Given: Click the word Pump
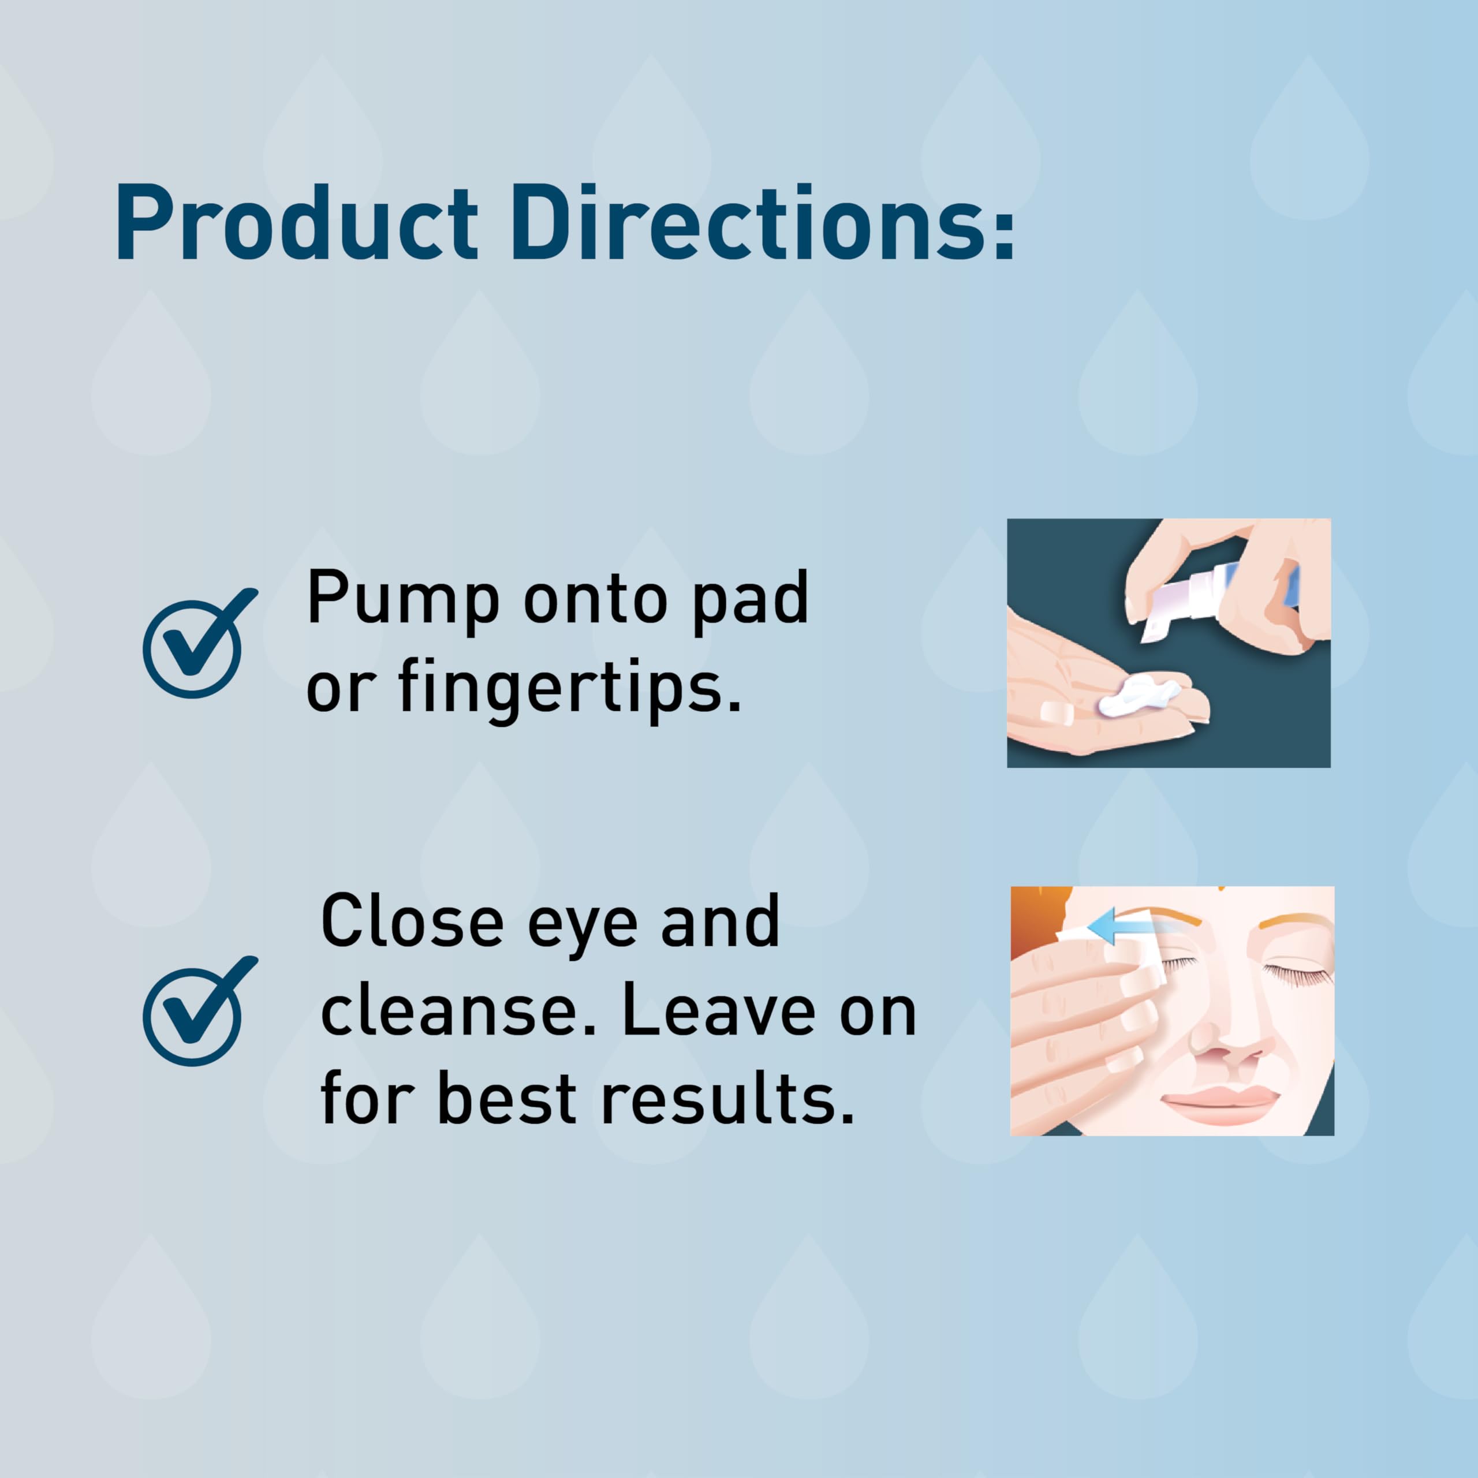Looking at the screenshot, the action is tap(403, 603).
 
